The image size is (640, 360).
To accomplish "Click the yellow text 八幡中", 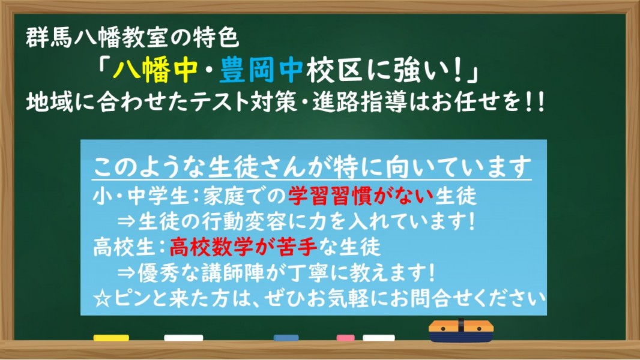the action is click(155, 71).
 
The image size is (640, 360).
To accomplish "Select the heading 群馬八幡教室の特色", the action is click(132, 38).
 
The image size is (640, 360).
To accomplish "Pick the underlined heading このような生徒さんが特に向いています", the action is click(312, 167).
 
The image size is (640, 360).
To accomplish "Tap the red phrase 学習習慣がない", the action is click(361, 196).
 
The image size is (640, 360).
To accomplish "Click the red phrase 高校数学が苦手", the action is click(243, 247).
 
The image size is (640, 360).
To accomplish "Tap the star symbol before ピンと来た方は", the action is click(102, 299).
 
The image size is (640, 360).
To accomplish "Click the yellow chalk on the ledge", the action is click(111, 338).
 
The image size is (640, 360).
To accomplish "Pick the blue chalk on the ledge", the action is click(286, 338).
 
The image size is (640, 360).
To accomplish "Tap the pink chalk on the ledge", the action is click(345, 338).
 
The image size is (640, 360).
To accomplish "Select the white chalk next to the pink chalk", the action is click(379, 338).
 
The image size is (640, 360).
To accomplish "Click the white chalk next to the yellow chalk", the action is click(184, 338).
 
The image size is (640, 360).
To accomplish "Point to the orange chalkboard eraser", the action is click(461, 331).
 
